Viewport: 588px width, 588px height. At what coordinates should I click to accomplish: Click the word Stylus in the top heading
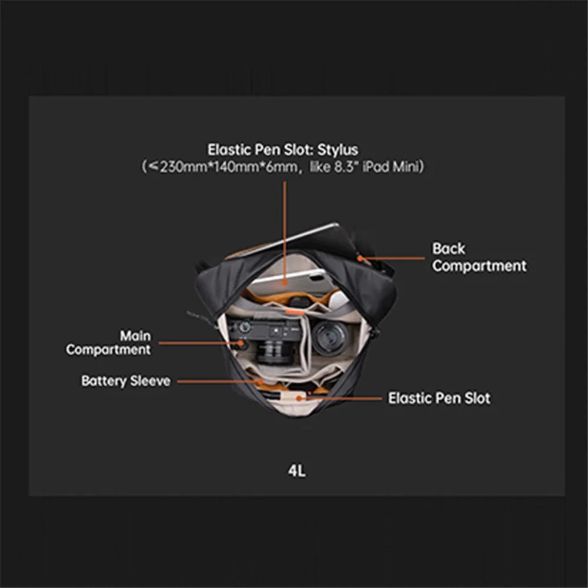point(338,150)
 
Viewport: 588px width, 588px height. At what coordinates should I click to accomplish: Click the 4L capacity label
point(296,470)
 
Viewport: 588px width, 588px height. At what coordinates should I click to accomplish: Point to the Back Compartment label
point(479,258)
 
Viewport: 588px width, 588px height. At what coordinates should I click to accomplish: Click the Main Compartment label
point(109,342)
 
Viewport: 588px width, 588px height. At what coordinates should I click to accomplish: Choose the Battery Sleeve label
point(126,381)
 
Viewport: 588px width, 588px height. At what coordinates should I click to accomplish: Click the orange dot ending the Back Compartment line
point(360,258)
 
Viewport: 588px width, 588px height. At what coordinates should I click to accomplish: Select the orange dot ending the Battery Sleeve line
point(260,382)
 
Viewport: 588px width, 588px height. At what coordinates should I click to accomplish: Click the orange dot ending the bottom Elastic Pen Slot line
point(299,398)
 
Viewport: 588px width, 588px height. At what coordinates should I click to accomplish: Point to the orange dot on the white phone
point(285,283)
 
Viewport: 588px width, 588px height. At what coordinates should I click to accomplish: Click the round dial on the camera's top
point(245,326)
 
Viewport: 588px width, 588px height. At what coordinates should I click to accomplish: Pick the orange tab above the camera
point(295,311)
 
